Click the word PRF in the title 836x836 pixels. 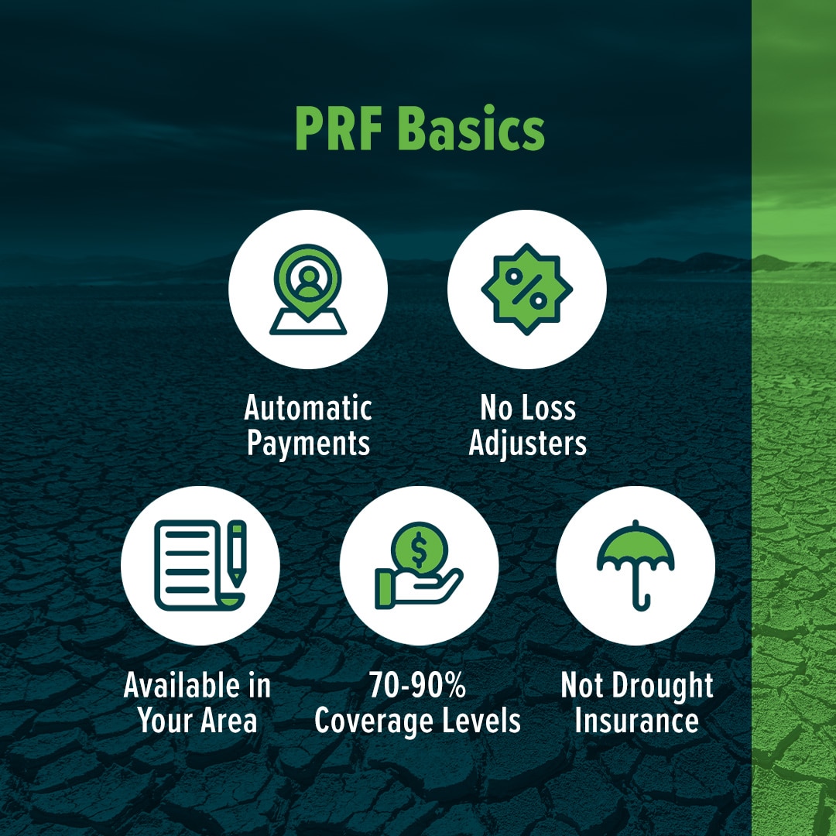[338, 128]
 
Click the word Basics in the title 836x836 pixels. [471, 128]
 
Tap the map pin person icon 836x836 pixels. [308, 290]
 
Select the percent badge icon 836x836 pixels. [527, 290]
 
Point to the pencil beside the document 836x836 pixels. [237, 553]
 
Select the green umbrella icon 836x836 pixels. [635, 565]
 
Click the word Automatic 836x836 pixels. [308, 409]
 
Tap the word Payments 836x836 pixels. [308, 444]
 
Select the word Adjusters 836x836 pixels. [527, 444]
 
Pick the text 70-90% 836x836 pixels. [417, 685]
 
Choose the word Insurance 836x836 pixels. [636, 721]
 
